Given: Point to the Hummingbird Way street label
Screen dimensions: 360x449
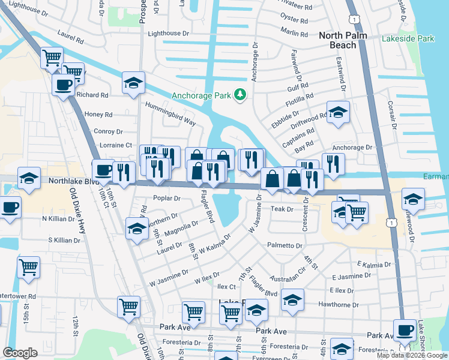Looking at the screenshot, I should coord(170,113).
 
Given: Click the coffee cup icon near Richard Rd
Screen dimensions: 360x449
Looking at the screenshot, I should coord(63,85).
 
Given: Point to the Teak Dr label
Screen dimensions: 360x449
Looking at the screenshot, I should coord(282,209).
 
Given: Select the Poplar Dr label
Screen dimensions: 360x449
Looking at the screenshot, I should coord(167,198).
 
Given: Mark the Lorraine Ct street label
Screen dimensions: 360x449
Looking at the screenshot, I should coord(116,145).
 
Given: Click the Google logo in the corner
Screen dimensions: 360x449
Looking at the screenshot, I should coord(20,353).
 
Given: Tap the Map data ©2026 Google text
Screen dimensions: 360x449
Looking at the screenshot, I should coord(411,355).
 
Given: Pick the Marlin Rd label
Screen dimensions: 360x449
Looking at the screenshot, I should coord(294,34).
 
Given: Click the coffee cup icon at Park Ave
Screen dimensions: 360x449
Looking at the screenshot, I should coord(404,329).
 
